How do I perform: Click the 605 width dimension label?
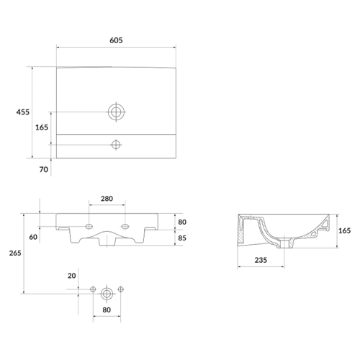(116, 40)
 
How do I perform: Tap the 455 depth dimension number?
(23, 112)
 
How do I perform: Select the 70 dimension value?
(44, 170)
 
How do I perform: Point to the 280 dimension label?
(107, 199)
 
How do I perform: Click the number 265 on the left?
(15, 253)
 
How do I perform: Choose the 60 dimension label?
(33, 237)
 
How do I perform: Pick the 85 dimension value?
(182, 238)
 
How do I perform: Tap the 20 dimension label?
(71, 276)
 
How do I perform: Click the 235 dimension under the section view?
(261, 260)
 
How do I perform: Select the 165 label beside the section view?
(345, 230)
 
